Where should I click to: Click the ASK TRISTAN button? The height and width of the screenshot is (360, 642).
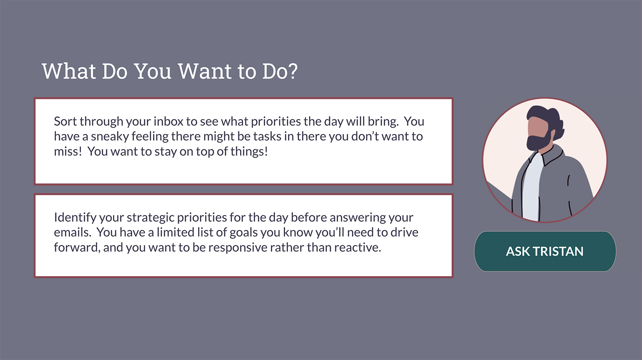point(545,251)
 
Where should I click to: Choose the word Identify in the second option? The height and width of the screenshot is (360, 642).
point(75,217)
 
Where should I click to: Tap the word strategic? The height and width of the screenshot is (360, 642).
point(150,218)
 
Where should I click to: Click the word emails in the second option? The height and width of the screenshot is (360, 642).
point(71,232)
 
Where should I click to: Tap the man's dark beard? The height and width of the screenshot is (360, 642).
point(538,140)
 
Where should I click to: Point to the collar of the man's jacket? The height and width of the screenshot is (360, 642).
point(552,155)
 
